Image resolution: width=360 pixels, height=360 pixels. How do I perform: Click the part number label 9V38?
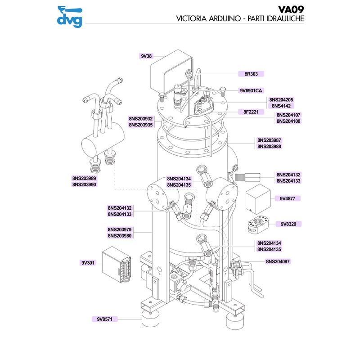pos(147,56)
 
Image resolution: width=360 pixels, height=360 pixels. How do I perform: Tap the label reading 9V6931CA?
pos(250,90)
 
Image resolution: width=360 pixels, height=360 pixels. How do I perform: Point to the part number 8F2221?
pos(250,111)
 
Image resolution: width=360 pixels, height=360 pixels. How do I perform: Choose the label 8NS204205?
pos(281,99)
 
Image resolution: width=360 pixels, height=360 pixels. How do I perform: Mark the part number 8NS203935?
pos(141,125)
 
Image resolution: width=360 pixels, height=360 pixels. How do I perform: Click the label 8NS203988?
pos(269,146)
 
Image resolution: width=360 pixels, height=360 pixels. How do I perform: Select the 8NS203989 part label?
pos(84,178)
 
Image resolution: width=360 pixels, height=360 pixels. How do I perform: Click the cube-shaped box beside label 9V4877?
pos(257,196)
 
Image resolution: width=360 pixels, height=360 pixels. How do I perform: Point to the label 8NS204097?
pos(278,261)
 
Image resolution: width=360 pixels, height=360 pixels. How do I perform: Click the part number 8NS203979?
pos(120,229)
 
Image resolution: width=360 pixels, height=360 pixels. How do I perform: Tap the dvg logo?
pos(70,17)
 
